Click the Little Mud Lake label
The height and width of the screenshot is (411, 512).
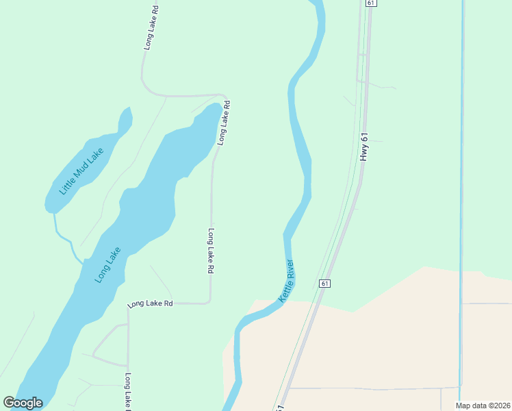pyautogui.click(x=81, y=171)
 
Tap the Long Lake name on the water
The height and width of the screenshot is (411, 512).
pyautogui.click(x=108, y=264)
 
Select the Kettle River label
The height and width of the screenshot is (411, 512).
pyautogui.click(x=286, y=281)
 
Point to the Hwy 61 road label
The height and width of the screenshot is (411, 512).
pyautogui.click(x=365, y=147)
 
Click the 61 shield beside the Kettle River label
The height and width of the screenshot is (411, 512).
pyautogui.click(x=324, y=283)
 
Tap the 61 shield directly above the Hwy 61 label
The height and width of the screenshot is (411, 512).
pyautogui.click(x=370, y=3)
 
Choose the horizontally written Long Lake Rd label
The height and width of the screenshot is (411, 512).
pyautogui.click(x=150, y=303)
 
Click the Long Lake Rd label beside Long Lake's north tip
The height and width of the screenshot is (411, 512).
pyautogui.click(x=223, y=123)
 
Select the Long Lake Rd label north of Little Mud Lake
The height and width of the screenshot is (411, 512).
pyautogui.click(x=151, y=28)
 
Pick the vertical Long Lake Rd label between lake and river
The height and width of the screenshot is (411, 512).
pyautogui.click(x=211, y=251)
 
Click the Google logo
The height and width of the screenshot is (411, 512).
pyautogui.click(x=23, y=403)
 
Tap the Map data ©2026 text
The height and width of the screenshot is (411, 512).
pyautogui.click(x=483, y=406)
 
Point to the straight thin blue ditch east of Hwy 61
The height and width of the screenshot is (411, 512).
pyautogui.click(x=461, y=171)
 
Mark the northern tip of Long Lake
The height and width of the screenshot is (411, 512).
pyautogui.click(x=217, y=106)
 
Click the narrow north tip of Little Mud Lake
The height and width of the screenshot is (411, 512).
pyautogui.click(x=127, y=112)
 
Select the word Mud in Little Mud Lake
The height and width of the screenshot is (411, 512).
pyautogui.click(x=82, y=170)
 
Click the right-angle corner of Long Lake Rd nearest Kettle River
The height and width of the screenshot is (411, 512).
pyautogui.click(x=209, y=301)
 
